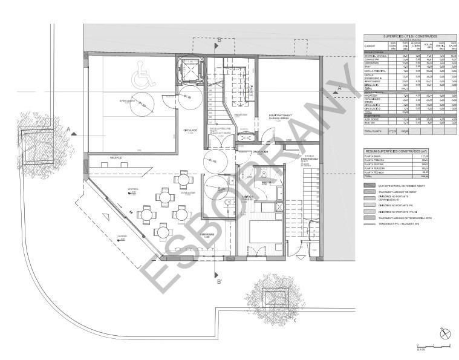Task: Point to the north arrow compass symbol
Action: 445,333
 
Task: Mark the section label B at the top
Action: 218,40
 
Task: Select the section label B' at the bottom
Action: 218,281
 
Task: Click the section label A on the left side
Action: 70,128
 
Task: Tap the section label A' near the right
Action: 340,89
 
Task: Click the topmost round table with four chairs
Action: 183,180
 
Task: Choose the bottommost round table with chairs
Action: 163,231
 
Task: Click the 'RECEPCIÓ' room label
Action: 115,159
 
